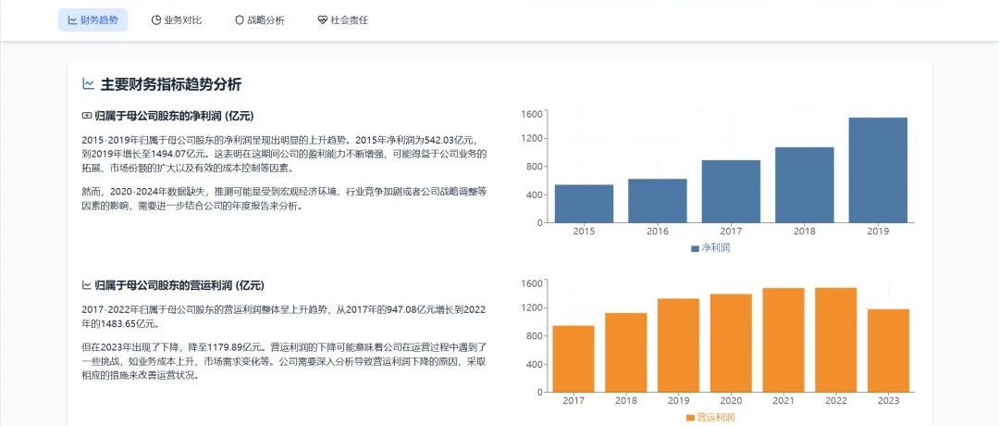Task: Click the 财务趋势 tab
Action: click(x=93, y=20)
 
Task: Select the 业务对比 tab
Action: click(x=177, y=20)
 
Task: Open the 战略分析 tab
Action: click(x=259, y=20)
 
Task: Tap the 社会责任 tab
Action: click(x=343, y=20)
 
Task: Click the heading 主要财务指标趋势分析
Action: click(x=171, y=84)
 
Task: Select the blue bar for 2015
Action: click(x=585, y=204)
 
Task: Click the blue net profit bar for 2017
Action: click(x=731, y=192)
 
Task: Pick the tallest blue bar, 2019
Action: click(x=878, y=170)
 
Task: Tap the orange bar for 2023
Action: click(x=888, y=350)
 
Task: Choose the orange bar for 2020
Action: click(x=731, y=343)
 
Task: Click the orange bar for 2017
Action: click(x=573, y=358)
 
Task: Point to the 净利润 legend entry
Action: click(x=710, y=248)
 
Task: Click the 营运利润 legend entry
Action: click(x=710, y=418)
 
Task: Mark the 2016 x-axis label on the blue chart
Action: click(x=658, y=232)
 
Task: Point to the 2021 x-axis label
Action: click(x=783, y=400)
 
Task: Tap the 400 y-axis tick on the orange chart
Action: click(x=536, y=365)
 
